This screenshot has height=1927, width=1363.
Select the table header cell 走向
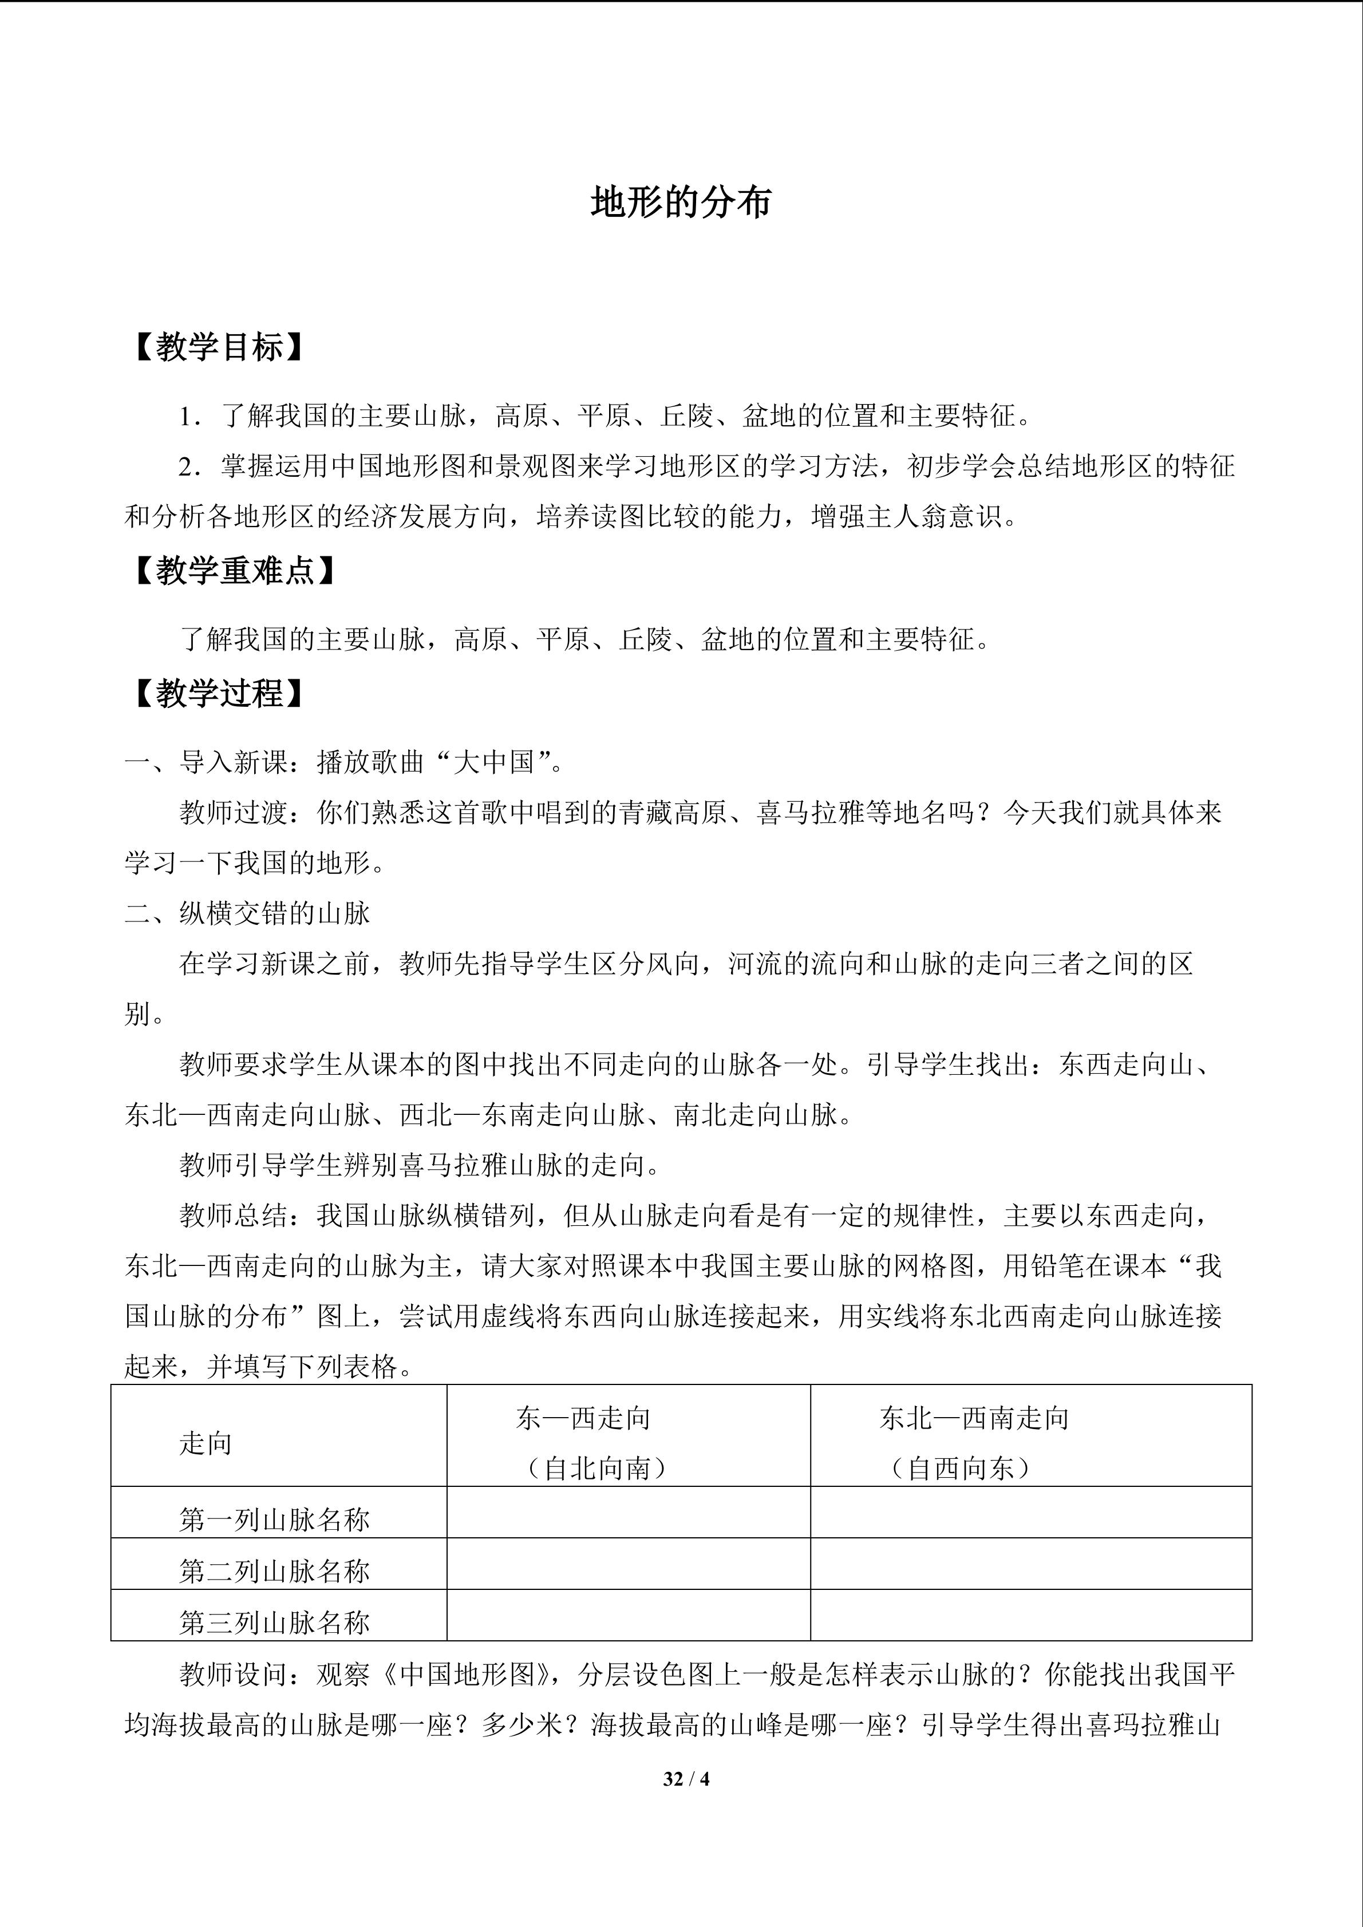coord(206,1443)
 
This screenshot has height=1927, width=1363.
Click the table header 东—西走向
coord(583,1418)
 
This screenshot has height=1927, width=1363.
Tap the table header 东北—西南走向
coord(974,1418)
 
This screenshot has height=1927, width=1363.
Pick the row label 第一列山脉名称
coord(274,1519)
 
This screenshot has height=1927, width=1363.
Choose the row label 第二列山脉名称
coord(274,1570)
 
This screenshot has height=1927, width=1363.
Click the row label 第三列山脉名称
coord(274,1623)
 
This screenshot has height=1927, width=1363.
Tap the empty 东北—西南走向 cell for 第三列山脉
coord(1030,1615)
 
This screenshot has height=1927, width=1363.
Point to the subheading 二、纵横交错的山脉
coord(248,913)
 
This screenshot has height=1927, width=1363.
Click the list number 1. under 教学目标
coord(189,416)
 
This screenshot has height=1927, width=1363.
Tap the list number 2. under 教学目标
coord(189,466)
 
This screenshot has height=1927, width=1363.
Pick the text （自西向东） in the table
coord(960,1468)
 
